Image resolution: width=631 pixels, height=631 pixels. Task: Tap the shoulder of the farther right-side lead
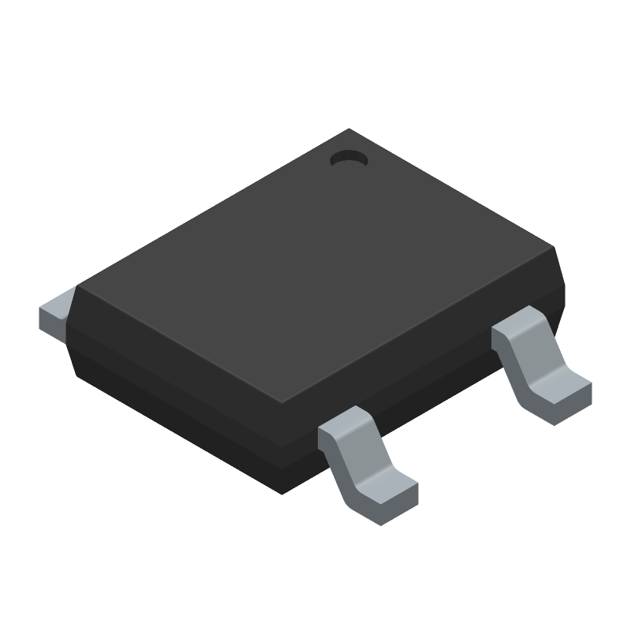pos(517,325)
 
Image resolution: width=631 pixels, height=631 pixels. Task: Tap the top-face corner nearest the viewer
pos(283,401)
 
